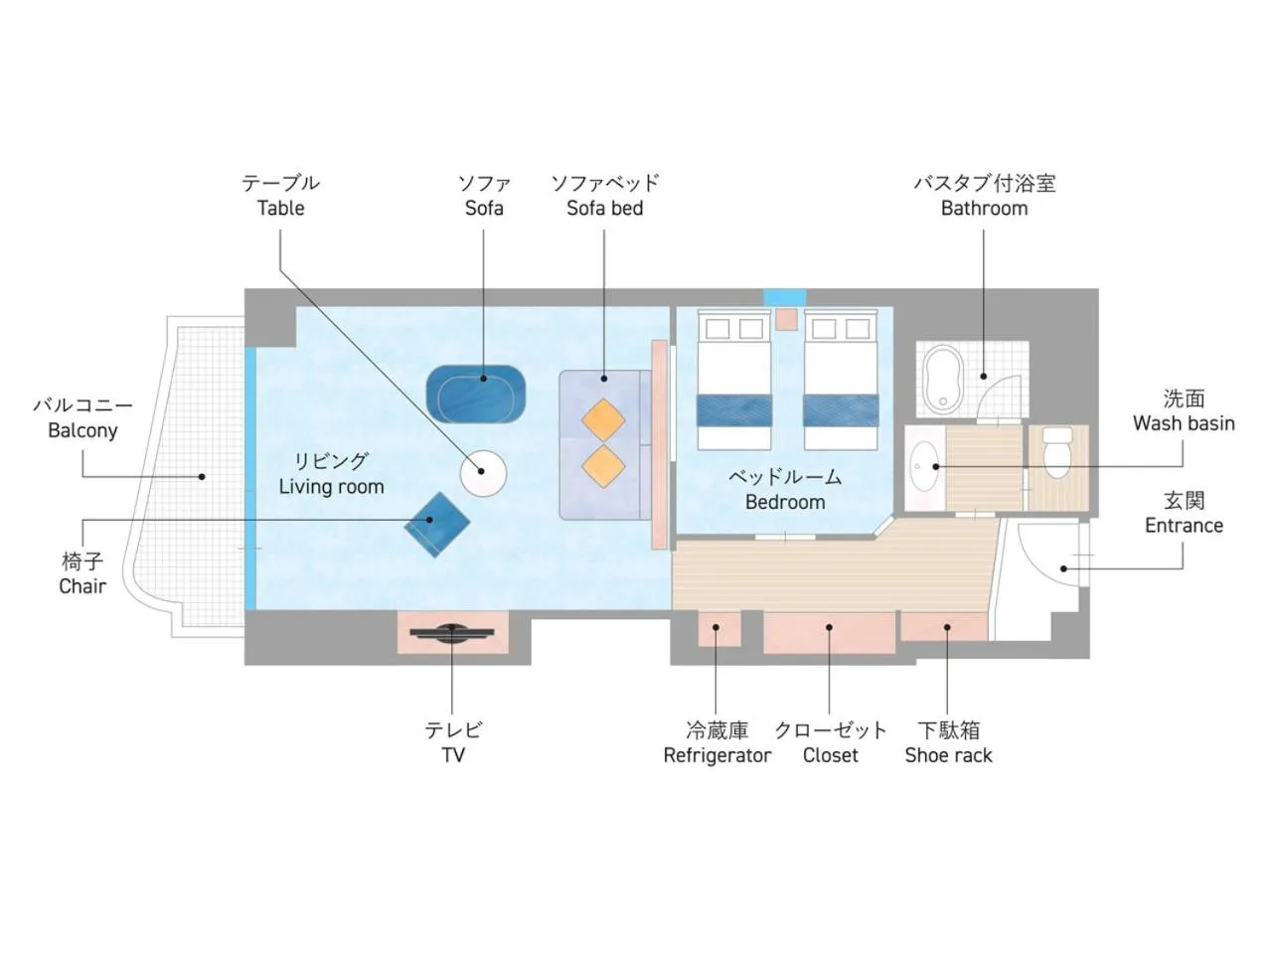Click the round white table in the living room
coord(483,473)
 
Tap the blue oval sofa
coord(476,394)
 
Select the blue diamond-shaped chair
coord(436,525)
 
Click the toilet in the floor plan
coord(1057,452)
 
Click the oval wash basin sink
coord(924,466)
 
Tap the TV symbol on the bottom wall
coord(452,633)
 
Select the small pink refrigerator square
coord(718,628)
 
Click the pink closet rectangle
coord(829,632)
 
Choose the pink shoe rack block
coord(944,626)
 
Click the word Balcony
coord(82,430)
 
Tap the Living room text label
coord(332,487)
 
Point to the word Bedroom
coord(785,502)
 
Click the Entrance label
coord(1184,526)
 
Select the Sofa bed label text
coord(605,208)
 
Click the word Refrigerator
coord(717,755)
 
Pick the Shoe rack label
coord(949,755)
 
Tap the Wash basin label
coord(1184,423)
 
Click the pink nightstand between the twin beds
coord(787,319)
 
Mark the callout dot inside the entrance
coord(1063,568)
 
